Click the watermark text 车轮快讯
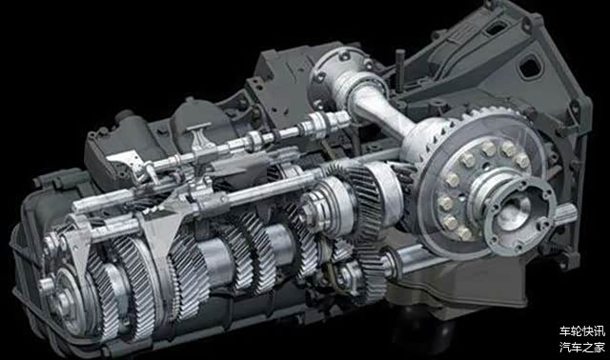point(582,330)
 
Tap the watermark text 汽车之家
point(582,347)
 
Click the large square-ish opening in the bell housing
point(530,67)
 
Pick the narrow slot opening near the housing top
point(496,28)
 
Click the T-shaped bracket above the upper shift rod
point(201,139)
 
